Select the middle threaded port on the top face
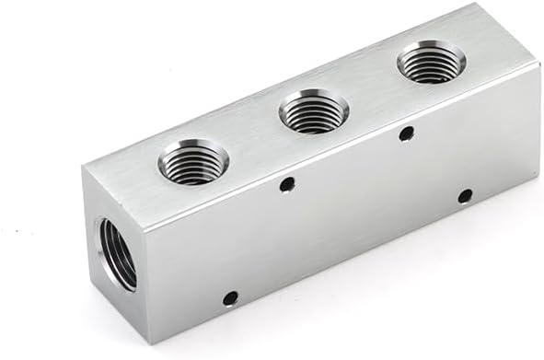(x=313, y=112)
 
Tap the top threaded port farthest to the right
(x=430, y=65)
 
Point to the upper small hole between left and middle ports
(x=287, y=184)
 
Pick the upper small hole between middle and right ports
(x=406, y=134)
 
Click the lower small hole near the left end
(x=230, y=297)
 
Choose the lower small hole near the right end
(x=465, y=195)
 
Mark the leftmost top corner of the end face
(x=82, y=167)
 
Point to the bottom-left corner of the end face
(x=91, y=273)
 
